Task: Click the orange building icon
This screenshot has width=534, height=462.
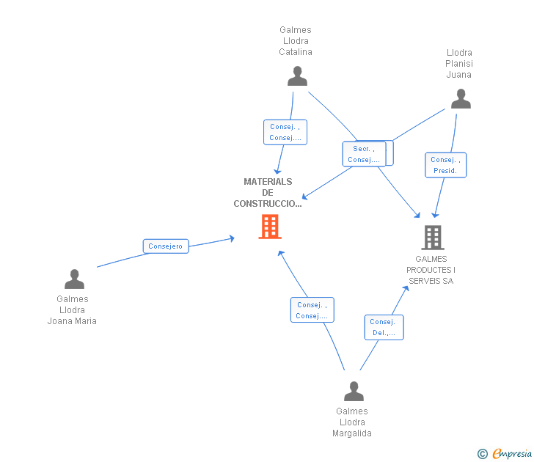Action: pyautogui.click(x=270, y=227)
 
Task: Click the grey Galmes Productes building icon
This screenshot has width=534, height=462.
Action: pyautogui.click(x=432, y=237)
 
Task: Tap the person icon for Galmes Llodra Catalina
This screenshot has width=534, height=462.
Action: pyautogui.click(x=297, y=76)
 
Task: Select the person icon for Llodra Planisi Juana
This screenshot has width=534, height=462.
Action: pyautogui.click(x=460, y=99)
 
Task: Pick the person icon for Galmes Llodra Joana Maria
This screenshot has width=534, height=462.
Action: pyautogui.click(x=74, y=279)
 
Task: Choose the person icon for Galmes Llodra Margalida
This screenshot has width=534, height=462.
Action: pyautogui.click(x=354, y=392)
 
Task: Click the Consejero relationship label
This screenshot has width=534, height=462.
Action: pyautogui.click(x=165, y=246)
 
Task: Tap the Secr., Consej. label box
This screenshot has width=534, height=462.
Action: pyautogui.click(x=364, y=154)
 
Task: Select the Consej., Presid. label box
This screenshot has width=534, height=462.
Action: pyautogui.click(x=445, y=165)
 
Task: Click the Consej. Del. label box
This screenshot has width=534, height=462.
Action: pyautogui.click(x=384, y=327)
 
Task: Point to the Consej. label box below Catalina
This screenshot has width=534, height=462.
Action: pyautogui.click(x=285, y=132)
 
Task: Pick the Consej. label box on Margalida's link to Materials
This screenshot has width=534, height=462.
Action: pyautogui.click(x=312, y=310)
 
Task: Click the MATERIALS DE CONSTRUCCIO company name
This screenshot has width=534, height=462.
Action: pyautogui.click(x=268, y=193)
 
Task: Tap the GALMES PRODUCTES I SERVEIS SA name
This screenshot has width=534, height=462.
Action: pyautogui.click(x=431, y=270)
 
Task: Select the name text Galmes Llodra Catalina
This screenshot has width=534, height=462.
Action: pyautogui.click(x=296, y=41)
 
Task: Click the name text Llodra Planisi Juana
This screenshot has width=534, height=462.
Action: pyautogui.click(x=459, y=64)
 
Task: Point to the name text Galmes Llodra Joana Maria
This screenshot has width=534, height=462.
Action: pyautogui.click(x=72, y=309)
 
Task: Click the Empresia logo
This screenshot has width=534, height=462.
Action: pyautogui.click(x=511, y=454)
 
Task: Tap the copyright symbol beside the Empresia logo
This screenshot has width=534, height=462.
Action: pyautogui.click(x=483, y=454)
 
